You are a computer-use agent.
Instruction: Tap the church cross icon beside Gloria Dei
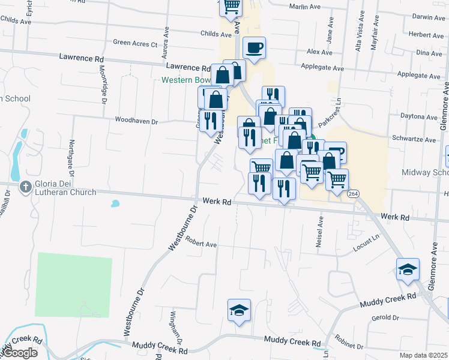[25, 187]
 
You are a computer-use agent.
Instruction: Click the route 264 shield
[353, 193]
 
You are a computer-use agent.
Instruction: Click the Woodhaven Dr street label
[136, 121]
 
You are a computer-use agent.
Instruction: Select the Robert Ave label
[200, 244]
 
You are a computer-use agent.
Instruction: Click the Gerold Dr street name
[385, 317]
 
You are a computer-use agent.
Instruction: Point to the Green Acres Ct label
[135, 43]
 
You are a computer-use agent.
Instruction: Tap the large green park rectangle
[74, 284]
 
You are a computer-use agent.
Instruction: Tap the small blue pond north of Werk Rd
[114, 203]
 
